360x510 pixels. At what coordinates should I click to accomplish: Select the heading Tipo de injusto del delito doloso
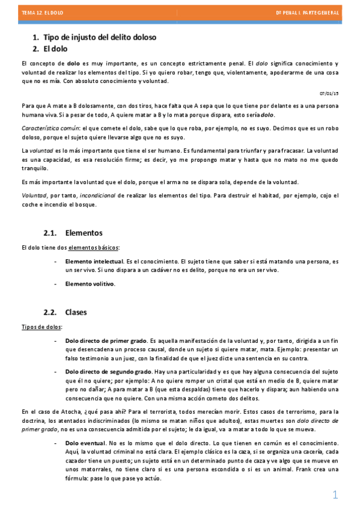point(100,37)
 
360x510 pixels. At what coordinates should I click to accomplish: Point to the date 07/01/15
point(329,93)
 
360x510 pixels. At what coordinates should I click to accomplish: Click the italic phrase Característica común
point(50,128)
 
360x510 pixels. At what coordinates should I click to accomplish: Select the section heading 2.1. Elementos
point(73,233)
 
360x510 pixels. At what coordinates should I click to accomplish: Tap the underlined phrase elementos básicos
point(93,247)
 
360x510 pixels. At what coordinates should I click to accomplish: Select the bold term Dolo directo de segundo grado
point(108,372)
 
